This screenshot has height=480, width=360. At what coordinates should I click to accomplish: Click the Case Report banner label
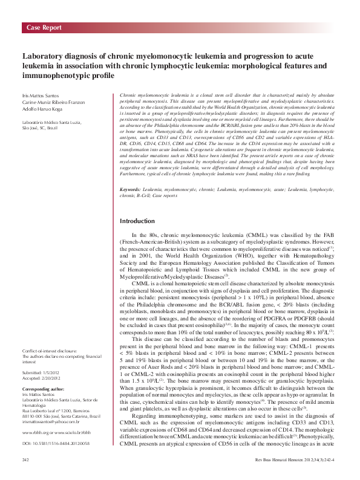44,28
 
